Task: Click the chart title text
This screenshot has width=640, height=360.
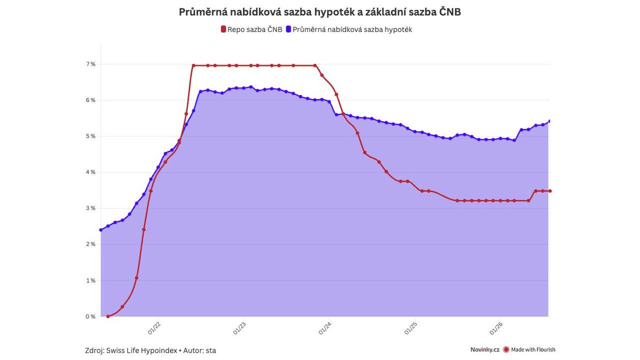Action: (319, 12)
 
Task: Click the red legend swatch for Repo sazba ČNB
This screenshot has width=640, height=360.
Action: (223, 29)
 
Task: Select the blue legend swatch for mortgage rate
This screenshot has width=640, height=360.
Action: (289, 29)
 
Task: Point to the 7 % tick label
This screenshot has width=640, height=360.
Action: (91, 64)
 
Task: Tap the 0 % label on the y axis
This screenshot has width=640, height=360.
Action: (91, 316)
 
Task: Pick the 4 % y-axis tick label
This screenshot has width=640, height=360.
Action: (91, 172)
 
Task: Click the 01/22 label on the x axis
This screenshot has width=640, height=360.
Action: (154, 328)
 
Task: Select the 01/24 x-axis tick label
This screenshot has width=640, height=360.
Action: (325, 328)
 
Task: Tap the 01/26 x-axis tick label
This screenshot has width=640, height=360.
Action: (496, 328)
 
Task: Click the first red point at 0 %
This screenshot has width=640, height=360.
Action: (108, 316)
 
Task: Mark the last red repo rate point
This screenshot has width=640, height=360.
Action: (550, 191)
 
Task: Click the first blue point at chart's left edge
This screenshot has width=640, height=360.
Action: (101, 230)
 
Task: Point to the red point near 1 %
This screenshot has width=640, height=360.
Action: (137, 278)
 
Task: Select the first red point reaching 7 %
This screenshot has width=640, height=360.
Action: (194, 66)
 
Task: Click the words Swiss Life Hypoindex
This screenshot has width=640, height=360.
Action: (141, 350)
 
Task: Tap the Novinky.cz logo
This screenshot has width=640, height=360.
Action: (485, 349)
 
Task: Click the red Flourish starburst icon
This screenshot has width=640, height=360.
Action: (506, 349)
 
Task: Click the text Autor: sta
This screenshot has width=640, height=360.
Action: (199, 350)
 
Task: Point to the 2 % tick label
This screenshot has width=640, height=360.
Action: (91, 244)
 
